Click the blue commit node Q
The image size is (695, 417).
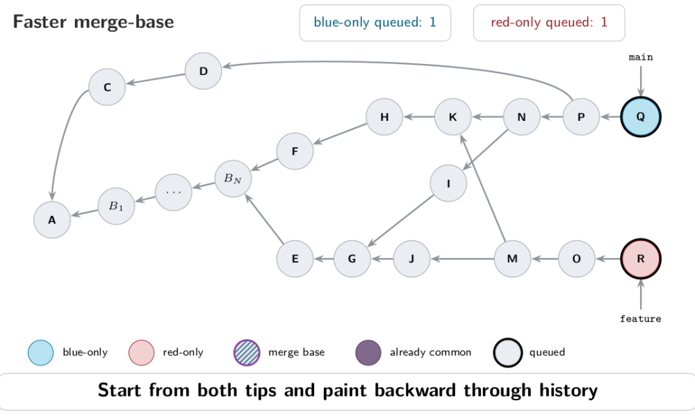pyautogui.click(x=641, y=117)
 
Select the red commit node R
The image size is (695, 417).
pyautogui.click(x=641, y=259)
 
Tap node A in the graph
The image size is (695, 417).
pyautogui.click(x=52, y=220)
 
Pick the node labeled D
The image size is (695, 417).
pyautogui.click(x=204, y=71)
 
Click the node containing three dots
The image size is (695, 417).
pyautogui.click(x=173, y=192)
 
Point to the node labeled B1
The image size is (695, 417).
pyautogui.click(x=116, y=206)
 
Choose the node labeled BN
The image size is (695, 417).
pyautogui.click(x=233, y=179)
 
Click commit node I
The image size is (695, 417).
pyautogui.click(x=448, y=183)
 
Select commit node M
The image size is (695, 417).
pyautogui.click(x=512, y=259)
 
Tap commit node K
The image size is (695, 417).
pyautogui.click(x=452, y=117)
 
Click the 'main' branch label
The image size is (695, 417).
pyautogui.click(x=641, y=57)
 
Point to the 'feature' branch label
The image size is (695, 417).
pyautogui.click(x=641, y=318)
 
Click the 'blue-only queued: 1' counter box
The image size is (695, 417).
pyautogui.click(x=375, y=23)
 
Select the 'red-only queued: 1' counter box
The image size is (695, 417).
pyautogui.click(x=549, y=23)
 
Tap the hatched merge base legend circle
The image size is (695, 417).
pyautogui.click(x=247, y=353)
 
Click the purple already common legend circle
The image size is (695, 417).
pyautogui.click(x=368, y=353)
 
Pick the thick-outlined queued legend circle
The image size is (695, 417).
pyautogui.click(x=507, y=353)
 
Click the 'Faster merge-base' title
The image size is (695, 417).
pyautogui.click(x=93, y=22)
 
